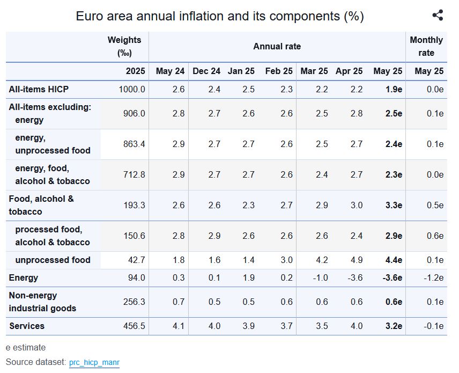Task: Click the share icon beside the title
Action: [x=438, y=15]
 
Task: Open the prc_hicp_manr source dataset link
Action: [x=94, y=362]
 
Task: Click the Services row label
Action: [x=27, y=326]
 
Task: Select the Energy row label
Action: [x=24, y=278]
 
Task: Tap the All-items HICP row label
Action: [x=39, y=89]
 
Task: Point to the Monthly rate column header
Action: [x=426, y=46]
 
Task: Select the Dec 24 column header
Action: [x=206, y=71]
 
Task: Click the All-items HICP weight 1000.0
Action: [x=132, y=89]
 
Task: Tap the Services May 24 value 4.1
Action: [x=179, y=326]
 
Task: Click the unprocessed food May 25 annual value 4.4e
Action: [x=394, y=260]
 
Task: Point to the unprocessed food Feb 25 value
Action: [x=287, y=260]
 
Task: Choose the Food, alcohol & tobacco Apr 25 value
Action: [x=357, y=205]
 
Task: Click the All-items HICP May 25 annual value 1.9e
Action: [x=394, y=89]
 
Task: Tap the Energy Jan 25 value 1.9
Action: [x=249, y=278]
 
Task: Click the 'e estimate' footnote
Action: [x=26, y=348]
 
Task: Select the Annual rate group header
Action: [x=277, y=46]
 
